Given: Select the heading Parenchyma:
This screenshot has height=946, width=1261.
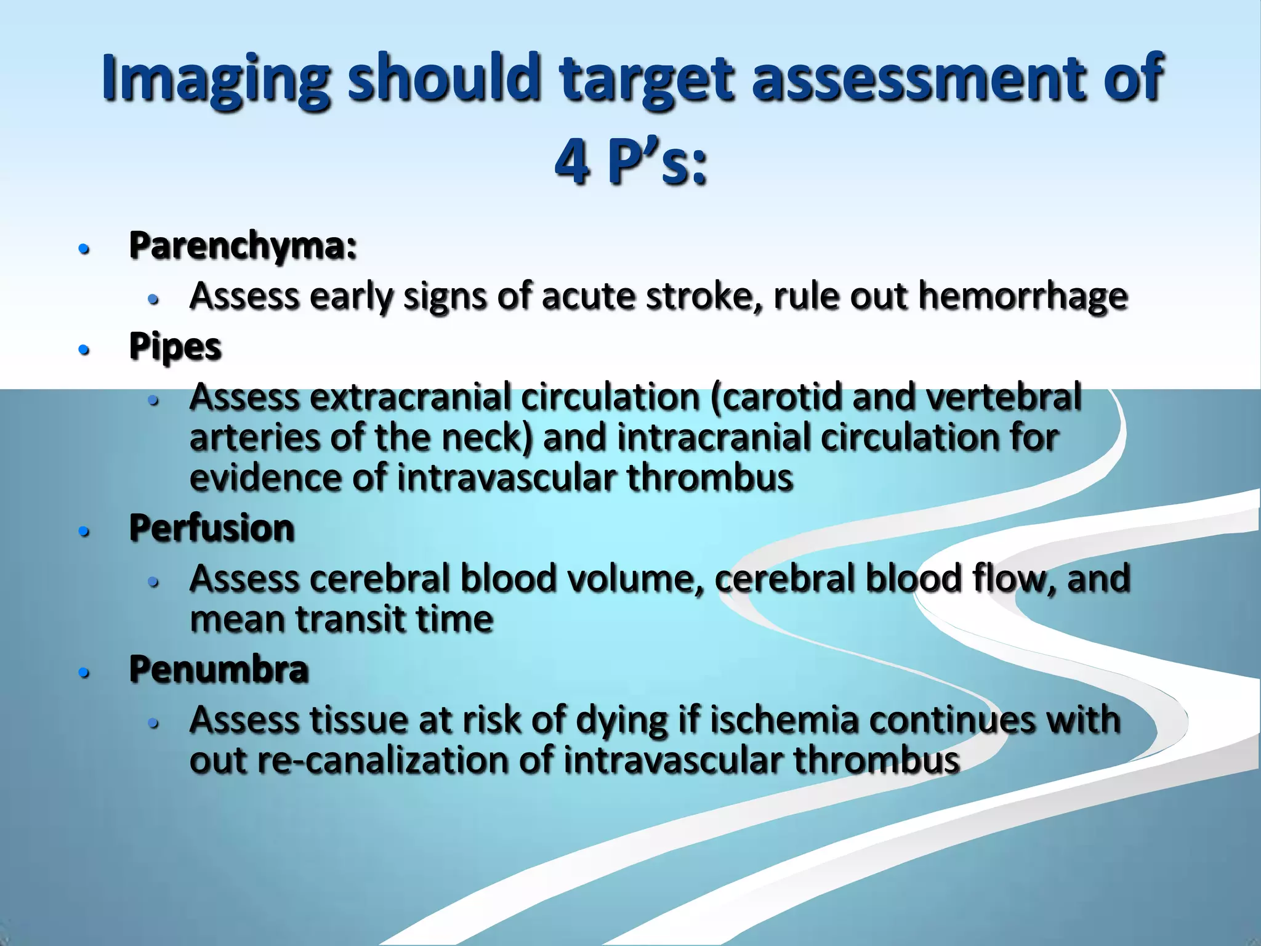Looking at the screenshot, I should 243,246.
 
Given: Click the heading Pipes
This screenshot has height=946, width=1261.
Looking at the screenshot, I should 175,347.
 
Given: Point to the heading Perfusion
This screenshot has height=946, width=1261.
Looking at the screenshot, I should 212,528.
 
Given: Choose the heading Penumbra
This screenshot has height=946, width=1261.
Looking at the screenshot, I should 219,669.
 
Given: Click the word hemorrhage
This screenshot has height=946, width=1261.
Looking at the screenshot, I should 1023,297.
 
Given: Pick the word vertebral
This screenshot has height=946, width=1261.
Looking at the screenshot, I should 1004,397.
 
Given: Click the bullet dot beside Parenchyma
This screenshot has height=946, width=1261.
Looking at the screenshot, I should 84,249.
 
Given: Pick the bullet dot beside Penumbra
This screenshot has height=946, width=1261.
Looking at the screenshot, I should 84,673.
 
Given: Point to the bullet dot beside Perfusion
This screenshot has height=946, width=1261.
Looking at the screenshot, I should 84,532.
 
